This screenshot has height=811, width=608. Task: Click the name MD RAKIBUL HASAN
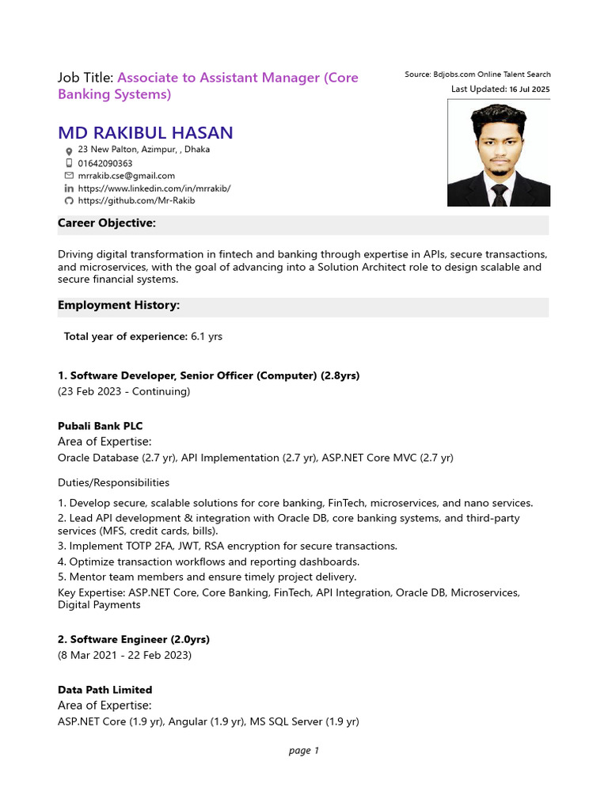[x=145, y=132]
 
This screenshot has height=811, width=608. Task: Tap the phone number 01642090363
[x=105, y=163]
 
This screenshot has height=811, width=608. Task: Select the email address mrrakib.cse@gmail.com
[x=127, y=176]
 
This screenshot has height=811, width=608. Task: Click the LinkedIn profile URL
[x=154, y=188]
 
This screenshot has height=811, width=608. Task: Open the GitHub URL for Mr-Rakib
[x=136, y=201]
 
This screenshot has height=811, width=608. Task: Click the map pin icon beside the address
[x=69, y=150]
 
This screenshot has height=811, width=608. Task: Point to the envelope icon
[x=69, y=176]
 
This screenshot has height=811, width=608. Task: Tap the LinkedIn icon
[x=69, y=188]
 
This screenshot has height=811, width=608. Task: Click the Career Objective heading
[x=107, y=223]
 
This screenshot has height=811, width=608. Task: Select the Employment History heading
[x=119, y=305]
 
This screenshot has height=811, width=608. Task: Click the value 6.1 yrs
[x=207, y=337]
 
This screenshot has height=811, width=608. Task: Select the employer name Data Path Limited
[x=104, y=690]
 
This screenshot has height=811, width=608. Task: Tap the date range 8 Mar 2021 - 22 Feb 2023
[x=124, y=655]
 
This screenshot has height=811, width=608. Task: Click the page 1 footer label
[x=304, y=751]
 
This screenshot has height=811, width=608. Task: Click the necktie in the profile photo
[x=500, y=195]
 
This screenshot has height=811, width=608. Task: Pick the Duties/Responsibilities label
[x=113, y=482]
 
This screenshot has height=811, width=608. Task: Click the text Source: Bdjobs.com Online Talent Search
[x=477, y=74]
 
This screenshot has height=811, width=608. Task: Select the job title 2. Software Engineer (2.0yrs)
[x=134, y=639]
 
